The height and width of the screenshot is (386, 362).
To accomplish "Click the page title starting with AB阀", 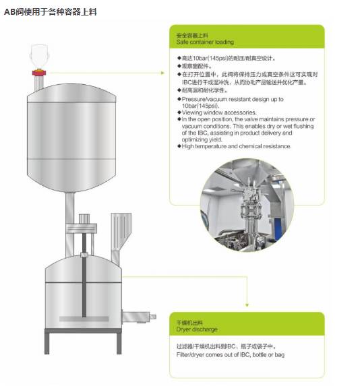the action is click(51, 12).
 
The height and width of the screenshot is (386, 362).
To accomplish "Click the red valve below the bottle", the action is click(39, 73).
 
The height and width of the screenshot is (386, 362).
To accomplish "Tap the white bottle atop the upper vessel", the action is click(39, 57).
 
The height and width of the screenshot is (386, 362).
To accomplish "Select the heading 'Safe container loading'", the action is click(205, 42).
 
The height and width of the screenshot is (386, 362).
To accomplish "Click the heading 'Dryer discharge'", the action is click(197, 329).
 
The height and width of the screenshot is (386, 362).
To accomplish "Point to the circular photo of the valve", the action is click(247, 205).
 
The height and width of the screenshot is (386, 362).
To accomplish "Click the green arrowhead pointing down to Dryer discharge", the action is click(247, 305).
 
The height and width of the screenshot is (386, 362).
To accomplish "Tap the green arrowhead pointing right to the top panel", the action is click(162, 73).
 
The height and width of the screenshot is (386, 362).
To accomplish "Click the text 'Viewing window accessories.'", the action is click(219, 112).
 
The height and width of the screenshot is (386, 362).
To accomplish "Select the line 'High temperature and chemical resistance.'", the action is click(237, 146).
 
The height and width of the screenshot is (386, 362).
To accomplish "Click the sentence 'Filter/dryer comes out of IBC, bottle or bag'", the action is click(231, 355).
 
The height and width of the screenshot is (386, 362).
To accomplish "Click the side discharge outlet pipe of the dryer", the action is click(139, 317).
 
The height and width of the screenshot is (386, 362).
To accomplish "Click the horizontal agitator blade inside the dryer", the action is click(84, 319).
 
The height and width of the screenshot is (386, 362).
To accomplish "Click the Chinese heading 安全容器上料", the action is click(192, 36).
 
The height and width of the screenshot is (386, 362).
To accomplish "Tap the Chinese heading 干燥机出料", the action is click(189, 323).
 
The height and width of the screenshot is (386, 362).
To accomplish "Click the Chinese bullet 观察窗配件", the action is click(196, 66).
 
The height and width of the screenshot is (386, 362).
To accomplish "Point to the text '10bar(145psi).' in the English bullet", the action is click(200, 106).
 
